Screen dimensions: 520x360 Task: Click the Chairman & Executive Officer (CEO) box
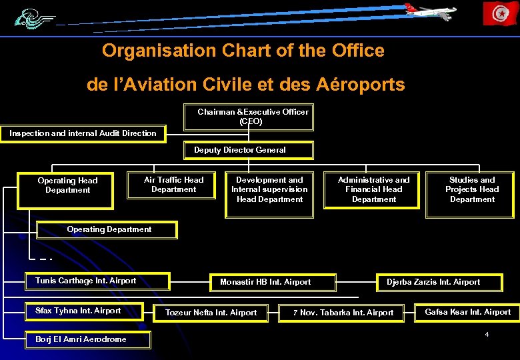click(248, 117)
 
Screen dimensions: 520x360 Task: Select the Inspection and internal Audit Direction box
click(83, 133)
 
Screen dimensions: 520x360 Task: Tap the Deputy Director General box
click(248, 151)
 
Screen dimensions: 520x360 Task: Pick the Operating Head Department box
click(67, 185)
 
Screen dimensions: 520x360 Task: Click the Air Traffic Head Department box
click(173, 185)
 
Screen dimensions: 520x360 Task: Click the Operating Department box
click(109, 230)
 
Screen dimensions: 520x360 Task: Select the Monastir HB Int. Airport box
click(272, 282)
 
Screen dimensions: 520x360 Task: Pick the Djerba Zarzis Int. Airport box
click(439, 282)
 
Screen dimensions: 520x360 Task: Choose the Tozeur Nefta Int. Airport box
click(211, 313)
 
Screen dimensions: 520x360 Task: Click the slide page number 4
click(487, 333)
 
